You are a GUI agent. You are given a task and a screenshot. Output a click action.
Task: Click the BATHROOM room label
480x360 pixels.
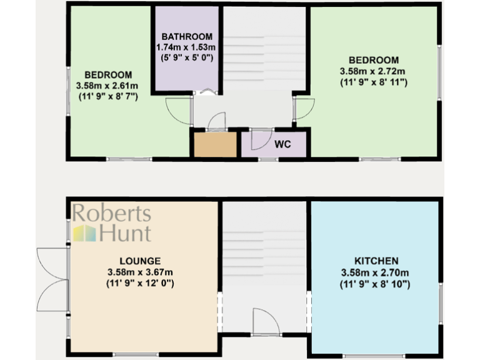[x=187, y=36]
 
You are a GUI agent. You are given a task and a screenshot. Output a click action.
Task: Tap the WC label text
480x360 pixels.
[x=283, y=144]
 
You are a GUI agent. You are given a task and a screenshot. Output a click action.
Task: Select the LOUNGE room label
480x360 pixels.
[x=139, y=261]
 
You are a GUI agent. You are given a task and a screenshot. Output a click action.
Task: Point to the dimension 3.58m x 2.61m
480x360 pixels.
[x=107, y=85]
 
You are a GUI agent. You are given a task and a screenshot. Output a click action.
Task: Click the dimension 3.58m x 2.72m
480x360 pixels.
[x=374, y=71]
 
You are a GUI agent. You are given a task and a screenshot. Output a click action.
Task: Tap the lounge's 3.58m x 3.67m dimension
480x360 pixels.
[x=139, y=272]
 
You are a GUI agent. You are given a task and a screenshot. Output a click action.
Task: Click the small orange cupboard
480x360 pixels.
[x=214, y=145]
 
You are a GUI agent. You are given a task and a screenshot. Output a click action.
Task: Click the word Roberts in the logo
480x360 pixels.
[x=112, y=214]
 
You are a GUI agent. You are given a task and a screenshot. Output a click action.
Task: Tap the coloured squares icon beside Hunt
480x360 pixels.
[x=84, y=234]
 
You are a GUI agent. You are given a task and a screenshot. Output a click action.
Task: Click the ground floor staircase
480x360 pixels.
[x=264, y=250]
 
